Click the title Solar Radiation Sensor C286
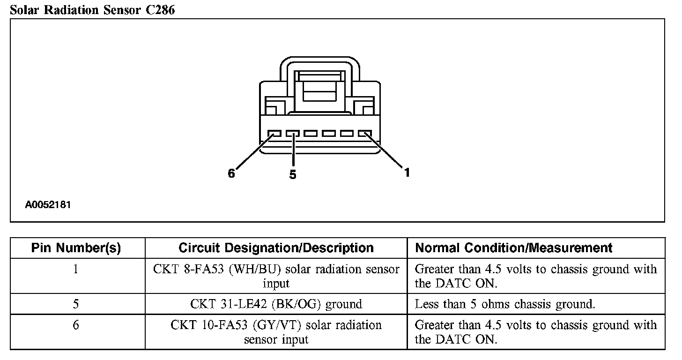[92, 9]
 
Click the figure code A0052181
[48, 205]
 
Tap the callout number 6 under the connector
[231, 173]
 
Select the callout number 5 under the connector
[293, 175]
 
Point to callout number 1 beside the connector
[407, 172]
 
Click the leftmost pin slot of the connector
[274, 134]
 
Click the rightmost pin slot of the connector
[364, 134]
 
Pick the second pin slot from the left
[292, 134]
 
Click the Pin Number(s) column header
[76, 248]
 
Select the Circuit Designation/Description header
[276, 248]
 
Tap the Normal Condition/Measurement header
[514, 248]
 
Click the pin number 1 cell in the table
[76, 270]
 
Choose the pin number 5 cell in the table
[76, 304]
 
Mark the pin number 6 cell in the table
[76, 325]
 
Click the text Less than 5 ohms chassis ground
[505, 304]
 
